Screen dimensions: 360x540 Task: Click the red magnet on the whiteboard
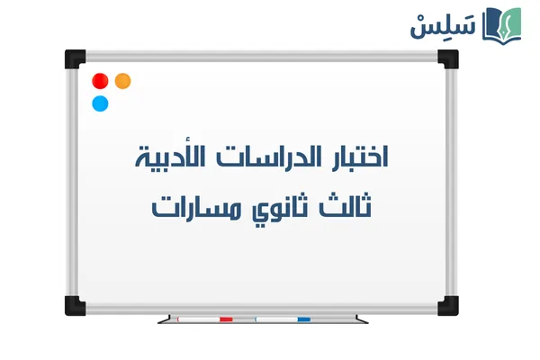[x=100, y=81]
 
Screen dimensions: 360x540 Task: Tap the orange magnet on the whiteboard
[x=123, y=81]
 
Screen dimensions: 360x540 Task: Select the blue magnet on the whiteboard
[x=100, y=103]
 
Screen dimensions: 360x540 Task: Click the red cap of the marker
[x=226, y=319]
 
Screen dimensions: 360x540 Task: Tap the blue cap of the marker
[x=303, y=319]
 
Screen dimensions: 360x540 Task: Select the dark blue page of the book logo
[x=492, y=26]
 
